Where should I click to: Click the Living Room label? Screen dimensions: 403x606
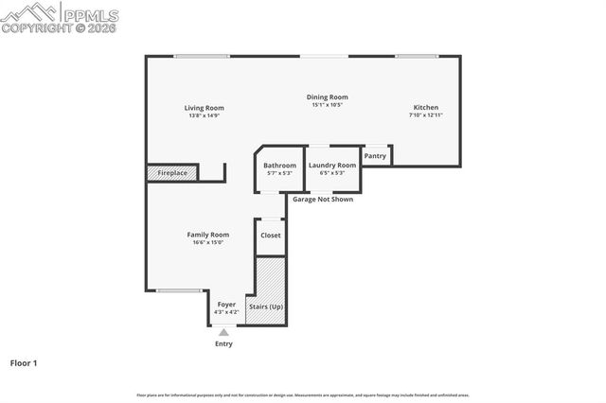[202, 108]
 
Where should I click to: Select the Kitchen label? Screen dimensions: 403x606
[425, 107]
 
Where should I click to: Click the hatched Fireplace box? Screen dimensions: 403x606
[171, 173]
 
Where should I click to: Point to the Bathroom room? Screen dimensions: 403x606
[280, 169]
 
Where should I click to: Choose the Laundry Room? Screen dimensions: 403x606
[332, 169]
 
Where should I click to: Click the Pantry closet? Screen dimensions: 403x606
[375, 156]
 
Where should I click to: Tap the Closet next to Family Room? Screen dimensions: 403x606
[271, 236]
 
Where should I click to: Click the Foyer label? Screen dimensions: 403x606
[226, 305]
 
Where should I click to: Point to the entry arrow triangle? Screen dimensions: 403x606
[223, 332]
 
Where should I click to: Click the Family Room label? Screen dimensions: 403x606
[207, 235]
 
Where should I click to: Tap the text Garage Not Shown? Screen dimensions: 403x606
[322, 200]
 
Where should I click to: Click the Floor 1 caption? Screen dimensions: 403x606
[23, 362]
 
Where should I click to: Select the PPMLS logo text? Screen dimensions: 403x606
[91, 13]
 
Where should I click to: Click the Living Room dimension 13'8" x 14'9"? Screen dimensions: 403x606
[202, 115]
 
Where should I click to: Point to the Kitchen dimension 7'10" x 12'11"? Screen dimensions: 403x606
[425, 114]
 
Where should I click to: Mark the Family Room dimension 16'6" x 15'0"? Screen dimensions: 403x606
[207, 242]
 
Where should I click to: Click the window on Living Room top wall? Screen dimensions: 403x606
[202, 57]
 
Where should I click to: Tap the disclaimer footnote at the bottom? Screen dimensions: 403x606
[303, 394]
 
